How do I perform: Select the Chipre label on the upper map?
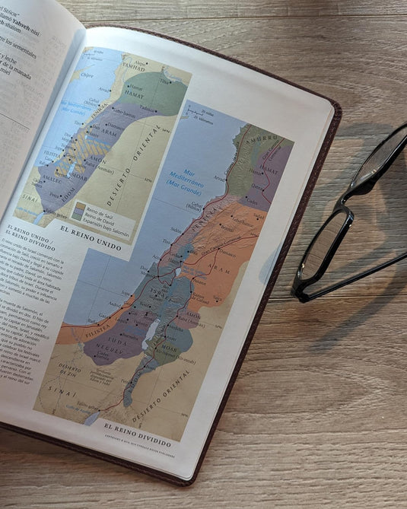click(88, 75)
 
